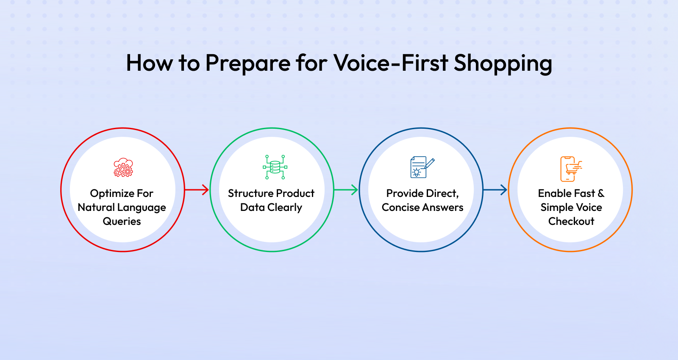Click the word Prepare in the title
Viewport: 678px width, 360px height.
click(247, 64)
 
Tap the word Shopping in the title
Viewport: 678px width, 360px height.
click(503, 64)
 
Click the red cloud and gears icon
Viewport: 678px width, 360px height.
click(123, 167)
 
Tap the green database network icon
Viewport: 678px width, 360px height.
click(275, 167)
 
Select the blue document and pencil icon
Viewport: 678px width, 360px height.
click(422, 167)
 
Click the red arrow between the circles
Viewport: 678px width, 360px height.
click(197, 190)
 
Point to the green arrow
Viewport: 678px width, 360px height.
click(346, 190)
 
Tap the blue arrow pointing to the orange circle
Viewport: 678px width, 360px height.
click(495, 190)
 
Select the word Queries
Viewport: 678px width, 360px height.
click(122, 222)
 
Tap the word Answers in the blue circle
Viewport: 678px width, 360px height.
click(443, 208)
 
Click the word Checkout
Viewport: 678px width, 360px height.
click(571, 222)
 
